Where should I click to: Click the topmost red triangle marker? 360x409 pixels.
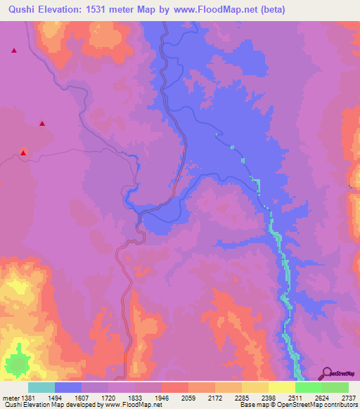[13, 50]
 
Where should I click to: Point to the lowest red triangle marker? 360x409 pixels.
[23, 152]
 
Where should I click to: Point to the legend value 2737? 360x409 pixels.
[348, 399]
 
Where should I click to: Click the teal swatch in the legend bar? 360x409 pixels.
[41, 387]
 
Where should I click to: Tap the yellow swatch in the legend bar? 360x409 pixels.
[282, 387]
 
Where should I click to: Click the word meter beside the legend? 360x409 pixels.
[12, 399]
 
